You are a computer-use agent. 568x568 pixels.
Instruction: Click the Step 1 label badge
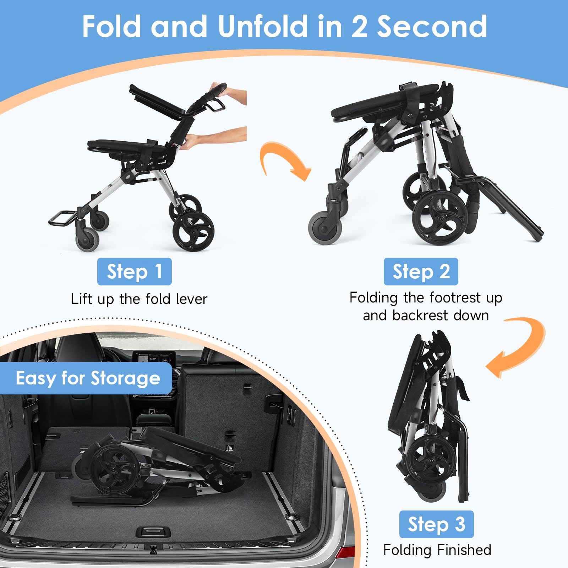point(134,272)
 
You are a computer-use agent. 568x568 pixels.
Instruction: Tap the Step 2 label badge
point(421,272)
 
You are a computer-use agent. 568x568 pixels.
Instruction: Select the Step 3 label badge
point(436,524)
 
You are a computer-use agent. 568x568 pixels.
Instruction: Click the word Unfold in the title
point(263,26)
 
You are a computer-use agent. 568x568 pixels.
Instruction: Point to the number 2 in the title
point(359,27)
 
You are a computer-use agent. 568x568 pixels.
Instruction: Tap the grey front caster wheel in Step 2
point(325,228)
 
